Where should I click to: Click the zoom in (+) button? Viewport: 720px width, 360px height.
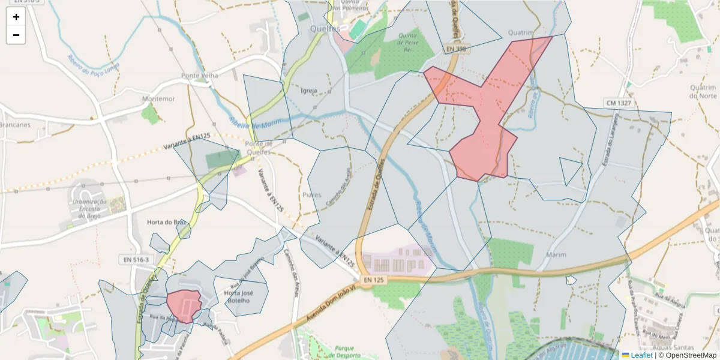pos(16,17)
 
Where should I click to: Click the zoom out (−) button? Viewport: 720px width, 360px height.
pos(16,35)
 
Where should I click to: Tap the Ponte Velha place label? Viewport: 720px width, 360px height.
pos(199,76)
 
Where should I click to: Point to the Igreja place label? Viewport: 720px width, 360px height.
pos(309,91)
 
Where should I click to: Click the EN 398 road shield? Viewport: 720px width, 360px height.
pos(456,49)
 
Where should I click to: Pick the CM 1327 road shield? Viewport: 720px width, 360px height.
pos(619,104)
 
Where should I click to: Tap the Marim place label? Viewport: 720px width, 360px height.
pos(556,255)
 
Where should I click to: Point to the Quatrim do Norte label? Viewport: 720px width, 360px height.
pos(703,91)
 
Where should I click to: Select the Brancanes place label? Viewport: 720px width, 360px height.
pos(16,125)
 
